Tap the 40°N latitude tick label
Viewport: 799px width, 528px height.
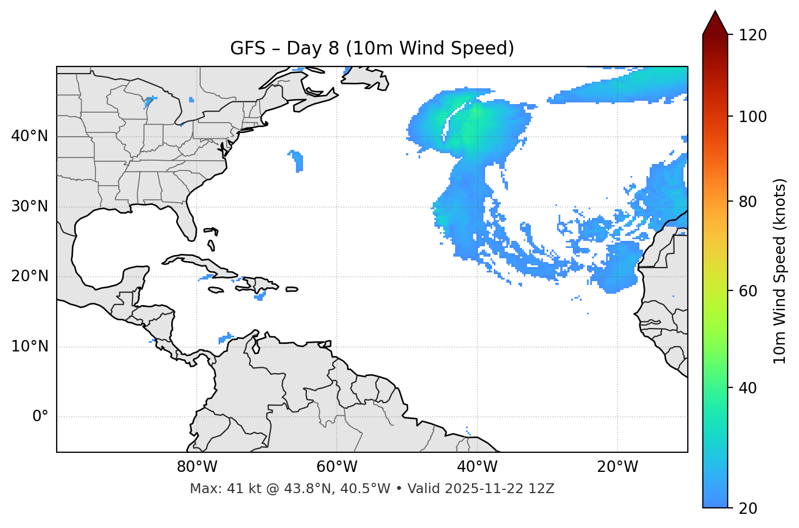(x=29, y=136)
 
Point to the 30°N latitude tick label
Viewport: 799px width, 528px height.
(x=29, y=207)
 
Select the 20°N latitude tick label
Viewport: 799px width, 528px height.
(x=29, y=276)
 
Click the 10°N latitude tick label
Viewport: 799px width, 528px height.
(x=29, y=347)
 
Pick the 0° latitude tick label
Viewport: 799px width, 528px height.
(x=40, y=417)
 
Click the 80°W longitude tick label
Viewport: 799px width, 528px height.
(x=197, y=467)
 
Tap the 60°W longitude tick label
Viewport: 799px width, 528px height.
(x=337, y=467)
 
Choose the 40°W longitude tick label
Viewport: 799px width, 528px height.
(x=477, y=467)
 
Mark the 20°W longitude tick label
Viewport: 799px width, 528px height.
(x=618, y=467)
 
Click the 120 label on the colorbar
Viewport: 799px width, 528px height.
(x=753, y=35)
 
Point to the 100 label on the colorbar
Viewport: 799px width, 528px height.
(x=753, y=117)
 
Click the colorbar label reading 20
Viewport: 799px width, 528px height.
(x=748, y=508)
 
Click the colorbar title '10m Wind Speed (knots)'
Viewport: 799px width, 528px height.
(x=780, y=271)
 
